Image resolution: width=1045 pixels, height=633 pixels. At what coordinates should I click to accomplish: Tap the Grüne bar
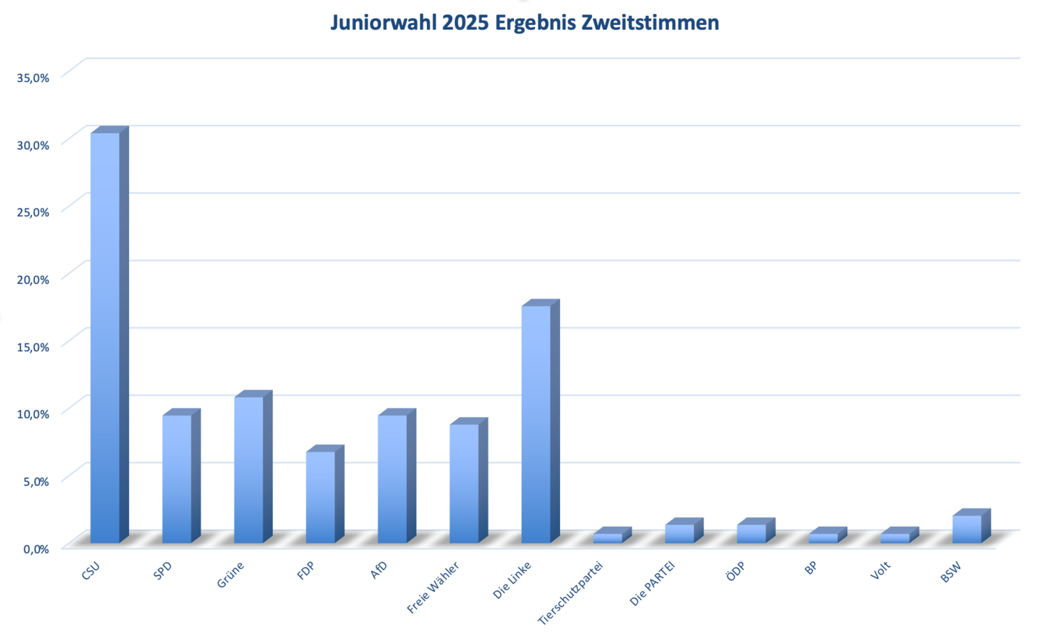tap(253, 467)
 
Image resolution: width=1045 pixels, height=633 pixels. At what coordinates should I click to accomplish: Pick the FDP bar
tap(325, 494)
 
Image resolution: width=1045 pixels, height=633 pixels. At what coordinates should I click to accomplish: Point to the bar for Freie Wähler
tap(468, 480)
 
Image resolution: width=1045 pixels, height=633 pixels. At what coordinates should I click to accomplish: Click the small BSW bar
tap(971, 526)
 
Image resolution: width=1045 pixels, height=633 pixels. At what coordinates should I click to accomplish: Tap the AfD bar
tap(396, 476)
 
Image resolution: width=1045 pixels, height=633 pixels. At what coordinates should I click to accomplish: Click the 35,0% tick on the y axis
tap(33, 78)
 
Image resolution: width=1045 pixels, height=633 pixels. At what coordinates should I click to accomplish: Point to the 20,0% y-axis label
tap(33, 280)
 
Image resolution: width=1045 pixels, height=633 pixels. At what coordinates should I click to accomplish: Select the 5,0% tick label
tap(36, 481)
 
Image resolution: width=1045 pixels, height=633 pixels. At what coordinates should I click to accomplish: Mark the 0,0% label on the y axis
tap(36, 549)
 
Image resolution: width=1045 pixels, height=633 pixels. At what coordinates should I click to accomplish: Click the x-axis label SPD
tap(162, 571)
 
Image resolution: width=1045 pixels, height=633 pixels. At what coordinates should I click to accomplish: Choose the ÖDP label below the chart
tap(735, 571)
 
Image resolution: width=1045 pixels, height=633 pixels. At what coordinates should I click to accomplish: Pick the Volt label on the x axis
tap(881, 570)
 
